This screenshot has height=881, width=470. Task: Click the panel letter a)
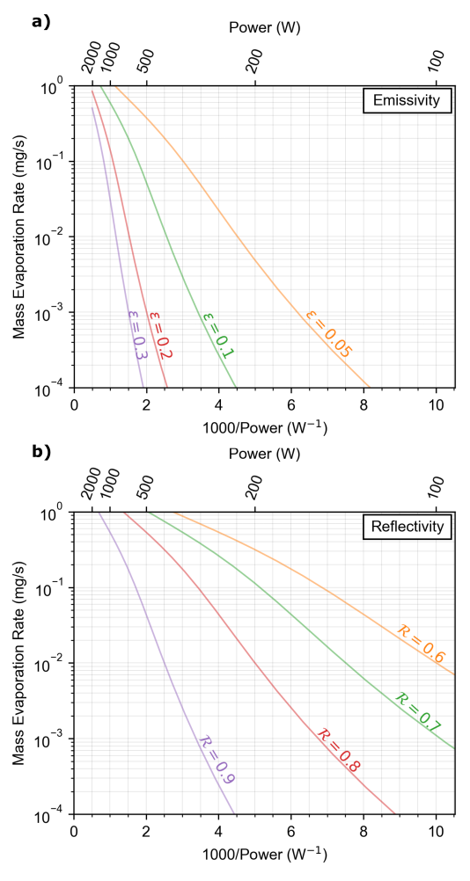click(41, 22)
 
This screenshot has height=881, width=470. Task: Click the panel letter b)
click(41, 452)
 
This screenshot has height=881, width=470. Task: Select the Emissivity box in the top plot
click(408, 102)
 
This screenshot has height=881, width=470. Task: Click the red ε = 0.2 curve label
click(160, 335)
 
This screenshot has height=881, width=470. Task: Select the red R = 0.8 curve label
click(337, 749)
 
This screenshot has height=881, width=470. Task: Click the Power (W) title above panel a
click(264, 27)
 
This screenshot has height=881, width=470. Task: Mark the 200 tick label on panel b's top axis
click(256, 484)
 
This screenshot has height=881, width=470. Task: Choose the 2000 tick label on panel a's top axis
click(92, 59)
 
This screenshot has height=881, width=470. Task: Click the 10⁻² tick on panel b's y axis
click(50, 663)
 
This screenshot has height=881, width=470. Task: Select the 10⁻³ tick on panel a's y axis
click(50, 312)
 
